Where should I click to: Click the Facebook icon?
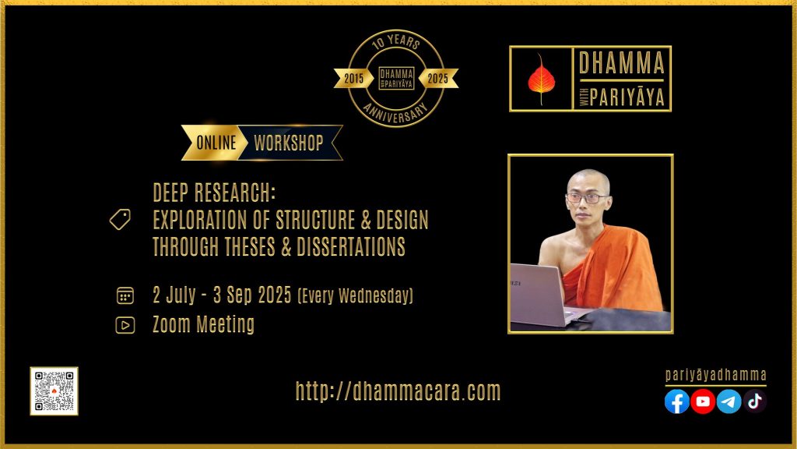click(x=677, y=401)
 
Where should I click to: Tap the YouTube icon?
click(x=703, y=401)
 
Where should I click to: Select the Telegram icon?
click(x=729, y=401)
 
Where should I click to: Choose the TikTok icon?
click(x=755, y=401)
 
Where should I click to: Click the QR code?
click(x=54, y=391)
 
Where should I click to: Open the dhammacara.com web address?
click(x=398, y=391)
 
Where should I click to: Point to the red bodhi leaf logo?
click(x=541, y=80)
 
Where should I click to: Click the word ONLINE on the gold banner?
click(x=216, y=143)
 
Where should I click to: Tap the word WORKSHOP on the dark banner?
click(x=289, y=143)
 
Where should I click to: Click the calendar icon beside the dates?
click(x=125, y=295)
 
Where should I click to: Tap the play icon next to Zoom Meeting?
click(x=125, y=325)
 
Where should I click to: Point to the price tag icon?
click(x=120, y=219)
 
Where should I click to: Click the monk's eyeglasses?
click(x=586, y=198)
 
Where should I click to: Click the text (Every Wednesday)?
click(x=355, y=295)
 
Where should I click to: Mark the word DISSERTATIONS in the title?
click(x=351, y=247)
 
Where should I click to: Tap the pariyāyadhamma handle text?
click(x=716, y=376)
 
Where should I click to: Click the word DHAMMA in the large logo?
click(x=622, y=63)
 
